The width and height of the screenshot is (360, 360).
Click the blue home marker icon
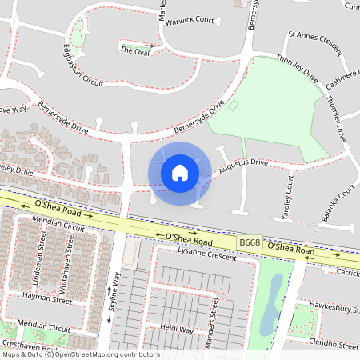point(180,172)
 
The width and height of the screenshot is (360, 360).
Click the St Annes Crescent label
point(314,36)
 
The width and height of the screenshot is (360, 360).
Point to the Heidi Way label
point(177,329)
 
